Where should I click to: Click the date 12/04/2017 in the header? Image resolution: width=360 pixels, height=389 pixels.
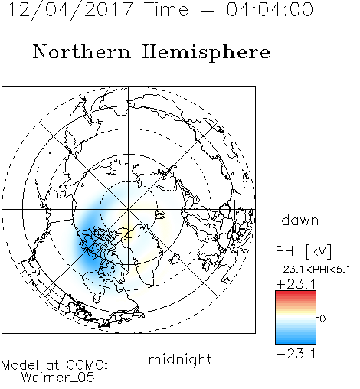pos(70,10)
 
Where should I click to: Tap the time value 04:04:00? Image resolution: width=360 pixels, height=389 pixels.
pos(270,9)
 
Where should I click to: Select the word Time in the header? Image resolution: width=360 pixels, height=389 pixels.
pos(166,9)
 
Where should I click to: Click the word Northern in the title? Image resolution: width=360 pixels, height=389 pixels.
pos(82,51)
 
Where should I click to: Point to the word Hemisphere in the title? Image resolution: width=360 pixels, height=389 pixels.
pos(206,53)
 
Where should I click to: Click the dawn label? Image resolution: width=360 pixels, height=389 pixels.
pos(300,220)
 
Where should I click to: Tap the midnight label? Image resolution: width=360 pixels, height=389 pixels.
pos(180,359)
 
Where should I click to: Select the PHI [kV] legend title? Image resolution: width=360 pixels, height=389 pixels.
pos(303,251)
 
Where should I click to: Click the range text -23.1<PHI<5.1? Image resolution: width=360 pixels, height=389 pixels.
pos(313,270)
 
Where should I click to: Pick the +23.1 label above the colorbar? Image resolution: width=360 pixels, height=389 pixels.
pos(296,284)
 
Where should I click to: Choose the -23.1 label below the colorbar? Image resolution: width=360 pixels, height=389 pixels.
pos(296,354)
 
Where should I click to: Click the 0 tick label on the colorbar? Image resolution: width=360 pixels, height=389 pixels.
pos(322,319)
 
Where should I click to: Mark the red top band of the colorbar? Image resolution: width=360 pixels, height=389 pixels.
pos(296,294)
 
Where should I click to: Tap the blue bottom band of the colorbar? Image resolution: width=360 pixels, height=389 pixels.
pos(296,340)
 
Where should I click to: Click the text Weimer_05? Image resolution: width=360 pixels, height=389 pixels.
pos(58,378)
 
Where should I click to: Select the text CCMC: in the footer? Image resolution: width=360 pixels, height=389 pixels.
pos(87,365)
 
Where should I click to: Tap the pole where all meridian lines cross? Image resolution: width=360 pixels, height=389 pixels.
pos(129,209)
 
